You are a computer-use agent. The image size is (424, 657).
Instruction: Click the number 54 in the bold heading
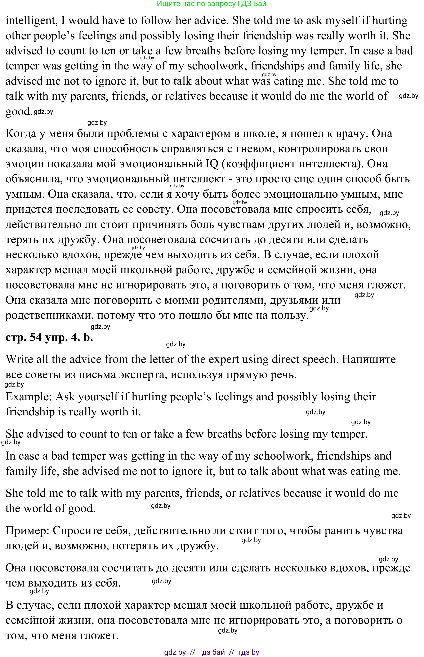36,337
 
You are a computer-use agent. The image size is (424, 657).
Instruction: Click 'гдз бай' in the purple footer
212,652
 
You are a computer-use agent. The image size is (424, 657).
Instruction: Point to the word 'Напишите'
369,359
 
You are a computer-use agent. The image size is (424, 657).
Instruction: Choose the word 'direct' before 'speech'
287,359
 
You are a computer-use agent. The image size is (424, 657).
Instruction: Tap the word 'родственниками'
47,315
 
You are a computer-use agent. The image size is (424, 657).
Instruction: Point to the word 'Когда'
21,133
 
